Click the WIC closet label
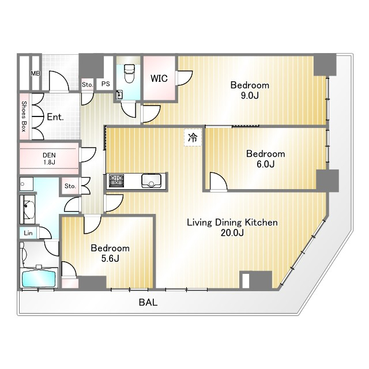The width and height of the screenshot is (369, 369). pos(159,78)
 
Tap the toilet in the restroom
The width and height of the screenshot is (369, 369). pos(129,73)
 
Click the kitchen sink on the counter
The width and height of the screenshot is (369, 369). pos(151,180)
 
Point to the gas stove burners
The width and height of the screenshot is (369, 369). pos(116,180)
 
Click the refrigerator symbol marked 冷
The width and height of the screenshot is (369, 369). pos(193,137)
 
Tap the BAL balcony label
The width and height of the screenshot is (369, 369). pos(148,302)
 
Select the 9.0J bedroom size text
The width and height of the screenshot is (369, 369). pos(250,96)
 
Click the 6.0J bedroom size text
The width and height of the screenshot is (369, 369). pos(265,164)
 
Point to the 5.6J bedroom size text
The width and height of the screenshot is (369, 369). pos(110,258)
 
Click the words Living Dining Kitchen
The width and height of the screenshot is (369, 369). pos(232,223)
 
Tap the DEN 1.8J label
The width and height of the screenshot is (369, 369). pos(49,159)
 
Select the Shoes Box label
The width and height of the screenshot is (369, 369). pos(24,116)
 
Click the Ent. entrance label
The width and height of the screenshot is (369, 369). pos(55,117)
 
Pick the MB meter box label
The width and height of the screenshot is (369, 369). pos(35,73)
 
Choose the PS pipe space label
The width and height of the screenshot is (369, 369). pos(106,84)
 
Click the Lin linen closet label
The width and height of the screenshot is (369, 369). pos(28,233)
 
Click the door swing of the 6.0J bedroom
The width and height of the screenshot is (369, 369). pos(219,180)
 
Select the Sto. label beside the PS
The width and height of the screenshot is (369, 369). pos(88,85)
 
